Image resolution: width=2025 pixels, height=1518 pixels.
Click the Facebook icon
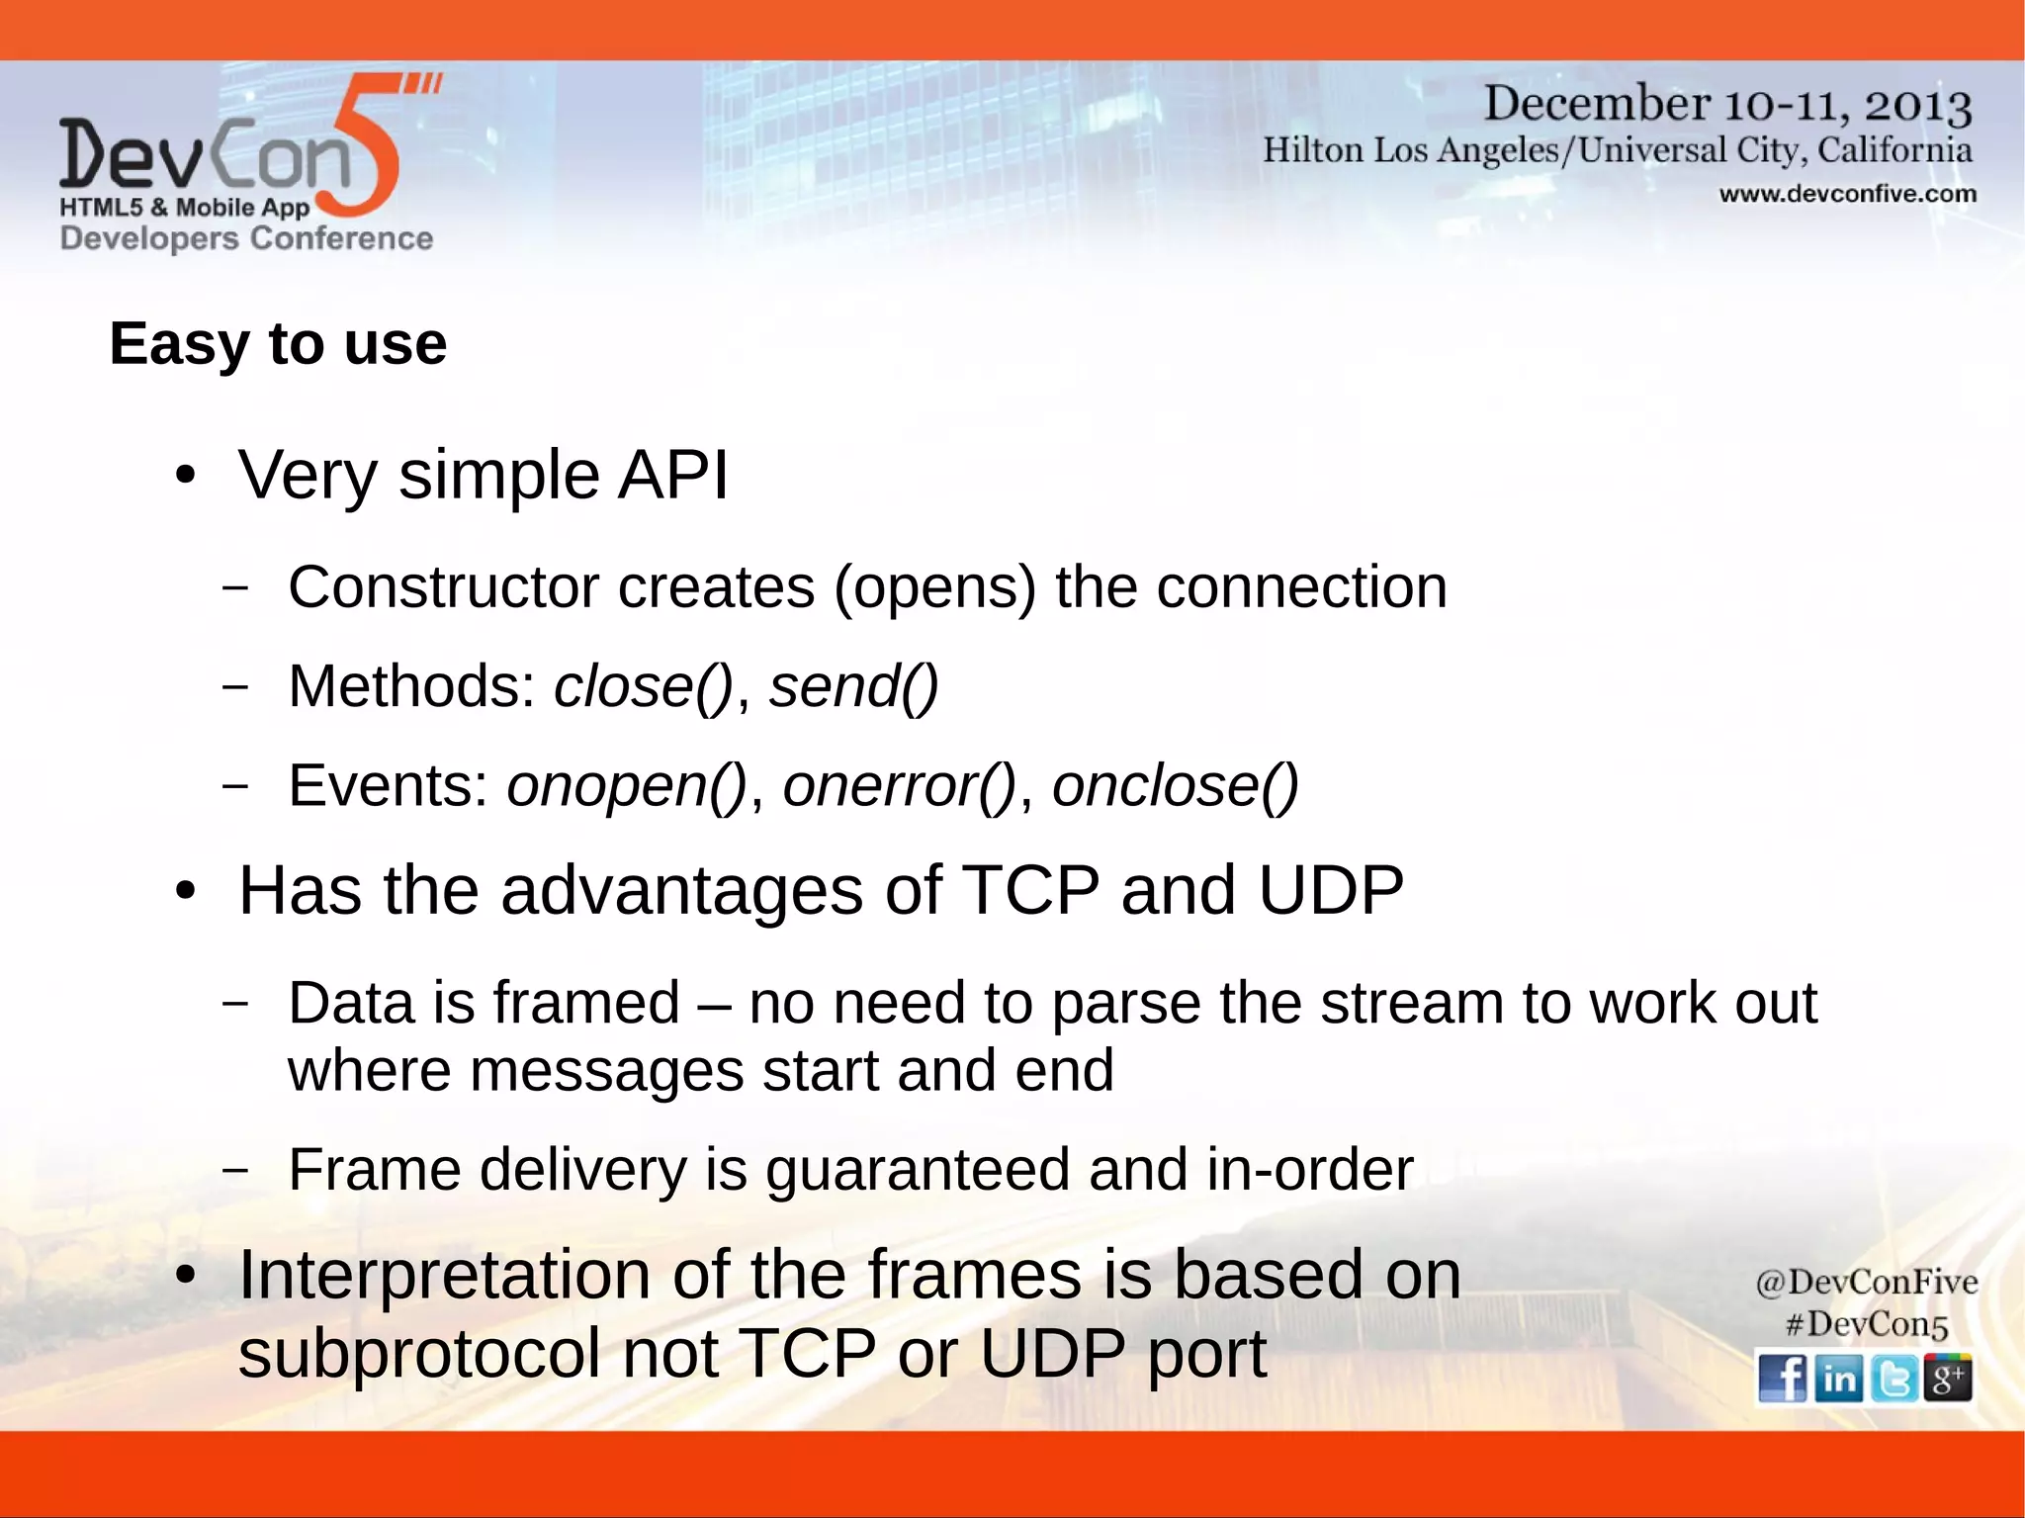point(1782,1378)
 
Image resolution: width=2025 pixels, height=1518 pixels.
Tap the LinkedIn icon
point(1838,1378)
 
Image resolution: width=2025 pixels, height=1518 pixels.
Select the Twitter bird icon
point(1893,1378)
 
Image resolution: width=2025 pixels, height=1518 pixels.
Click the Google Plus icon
point(1948,1378)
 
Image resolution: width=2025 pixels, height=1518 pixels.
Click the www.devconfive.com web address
point(1847,194)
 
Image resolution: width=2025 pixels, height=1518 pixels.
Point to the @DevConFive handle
point(1866,1282)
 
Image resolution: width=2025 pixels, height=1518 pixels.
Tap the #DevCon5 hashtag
point(1866,1324)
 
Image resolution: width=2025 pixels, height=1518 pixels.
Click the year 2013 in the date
point(1918,105)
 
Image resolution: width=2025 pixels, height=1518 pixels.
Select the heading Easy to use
point(278,344)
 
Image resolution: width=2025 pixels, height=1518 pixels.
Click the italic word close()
point(643,686)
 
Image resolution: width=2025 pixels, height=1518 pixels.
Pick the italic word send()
point(853,686)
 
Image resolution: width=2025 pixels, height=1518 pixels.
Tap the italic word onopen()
point(626,786)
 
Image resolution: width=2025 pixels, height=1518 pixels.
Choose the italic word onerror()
point(899,786)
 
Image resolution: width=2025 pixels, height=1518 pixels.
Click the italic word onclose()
point(1175,786)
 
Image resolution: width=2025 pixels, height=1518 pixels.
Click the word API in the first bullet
point(673,475)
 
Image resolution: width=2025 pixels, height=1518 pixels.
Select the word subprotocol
point(419,1353)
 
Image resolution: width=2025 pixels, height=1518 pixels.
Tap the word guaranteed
point(918,1170)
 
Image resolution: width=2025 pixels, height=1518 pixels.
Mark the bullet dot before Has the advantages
point(185,892)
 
